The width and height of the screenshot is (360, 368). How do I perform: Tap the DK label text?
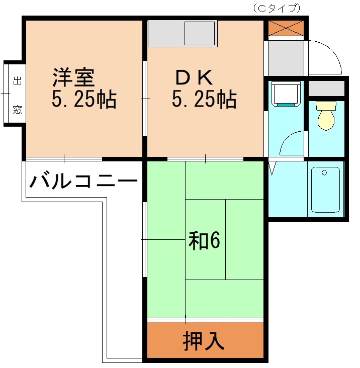click(x=194, y=78)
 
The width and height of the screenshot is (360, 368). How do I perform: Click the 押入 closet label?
click(x=204, y=341)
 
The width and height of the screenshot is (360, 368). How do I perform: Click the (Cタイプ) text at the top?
click(x=276, y=8)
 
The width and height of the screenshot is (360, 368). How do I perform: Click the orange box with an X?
click(x=286, y=28)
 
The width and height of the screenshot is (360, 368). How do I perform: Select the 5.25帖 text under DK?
click(x=204, y=100)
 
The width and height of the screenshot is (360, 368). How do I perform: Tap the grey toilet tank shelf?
click(x=326, y=88)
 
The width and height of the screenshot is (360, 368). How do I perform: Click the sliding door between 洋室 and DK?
click(x=145, y=99)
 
